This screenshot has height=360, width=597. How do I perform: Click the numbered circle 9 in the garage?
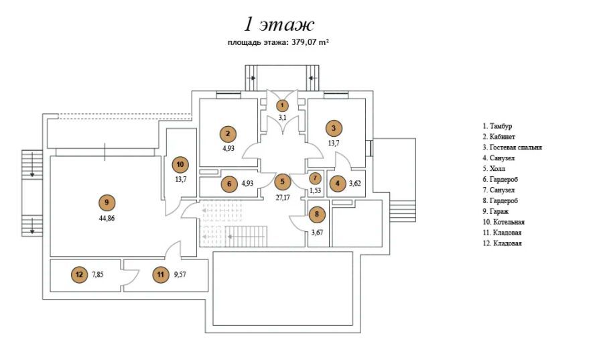(x=107, y=202)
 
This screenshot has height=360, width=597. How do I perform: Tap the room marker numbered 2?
(x=228, y=133)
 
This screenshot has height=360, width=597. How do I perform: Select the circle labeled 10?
(x=180, y=164)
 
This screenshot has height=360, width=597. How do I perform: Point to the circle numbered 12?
(x=79, y=274)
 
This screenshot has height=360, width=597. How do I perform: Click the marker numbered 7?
(x=315, y=178)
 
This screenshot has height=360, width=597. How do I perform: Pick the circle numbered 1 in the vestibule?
(x=282, y=105)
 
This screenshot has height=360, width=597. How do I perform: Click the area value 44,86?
(x=107, y=219)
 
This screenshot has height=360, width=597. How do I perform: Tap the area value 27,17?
(x=282, y=198)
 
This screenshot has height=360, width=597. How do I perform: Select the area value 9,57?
(x=180, y=274)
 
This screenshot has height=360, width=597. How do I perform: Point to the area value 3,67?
(x=317, y=232)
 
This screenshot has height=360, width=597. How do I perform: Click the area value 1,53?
(x=315, y=190)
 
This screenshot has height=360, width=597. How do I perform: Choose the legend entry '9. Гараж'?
(x=496, y=211)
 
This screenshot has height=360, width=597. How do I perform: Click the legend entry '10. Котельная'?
(x=503, y=222)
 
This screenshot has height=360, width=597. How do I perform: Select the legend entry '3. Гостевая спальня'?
(x=512, y=147)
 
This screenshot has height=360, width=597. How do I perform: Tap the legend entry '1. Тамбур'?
(x=497, y=126)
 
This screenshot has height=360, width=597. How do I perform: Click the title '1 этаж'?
(x=279, y=24)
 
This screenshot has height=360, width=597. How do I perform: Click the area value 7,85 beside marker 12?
(x=97, y=274)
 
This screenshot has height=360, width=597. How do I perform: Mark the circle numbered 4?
(x=337, y=183)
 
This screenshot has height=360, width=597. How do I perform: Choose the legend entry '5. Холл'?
(x=494, y=168)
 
